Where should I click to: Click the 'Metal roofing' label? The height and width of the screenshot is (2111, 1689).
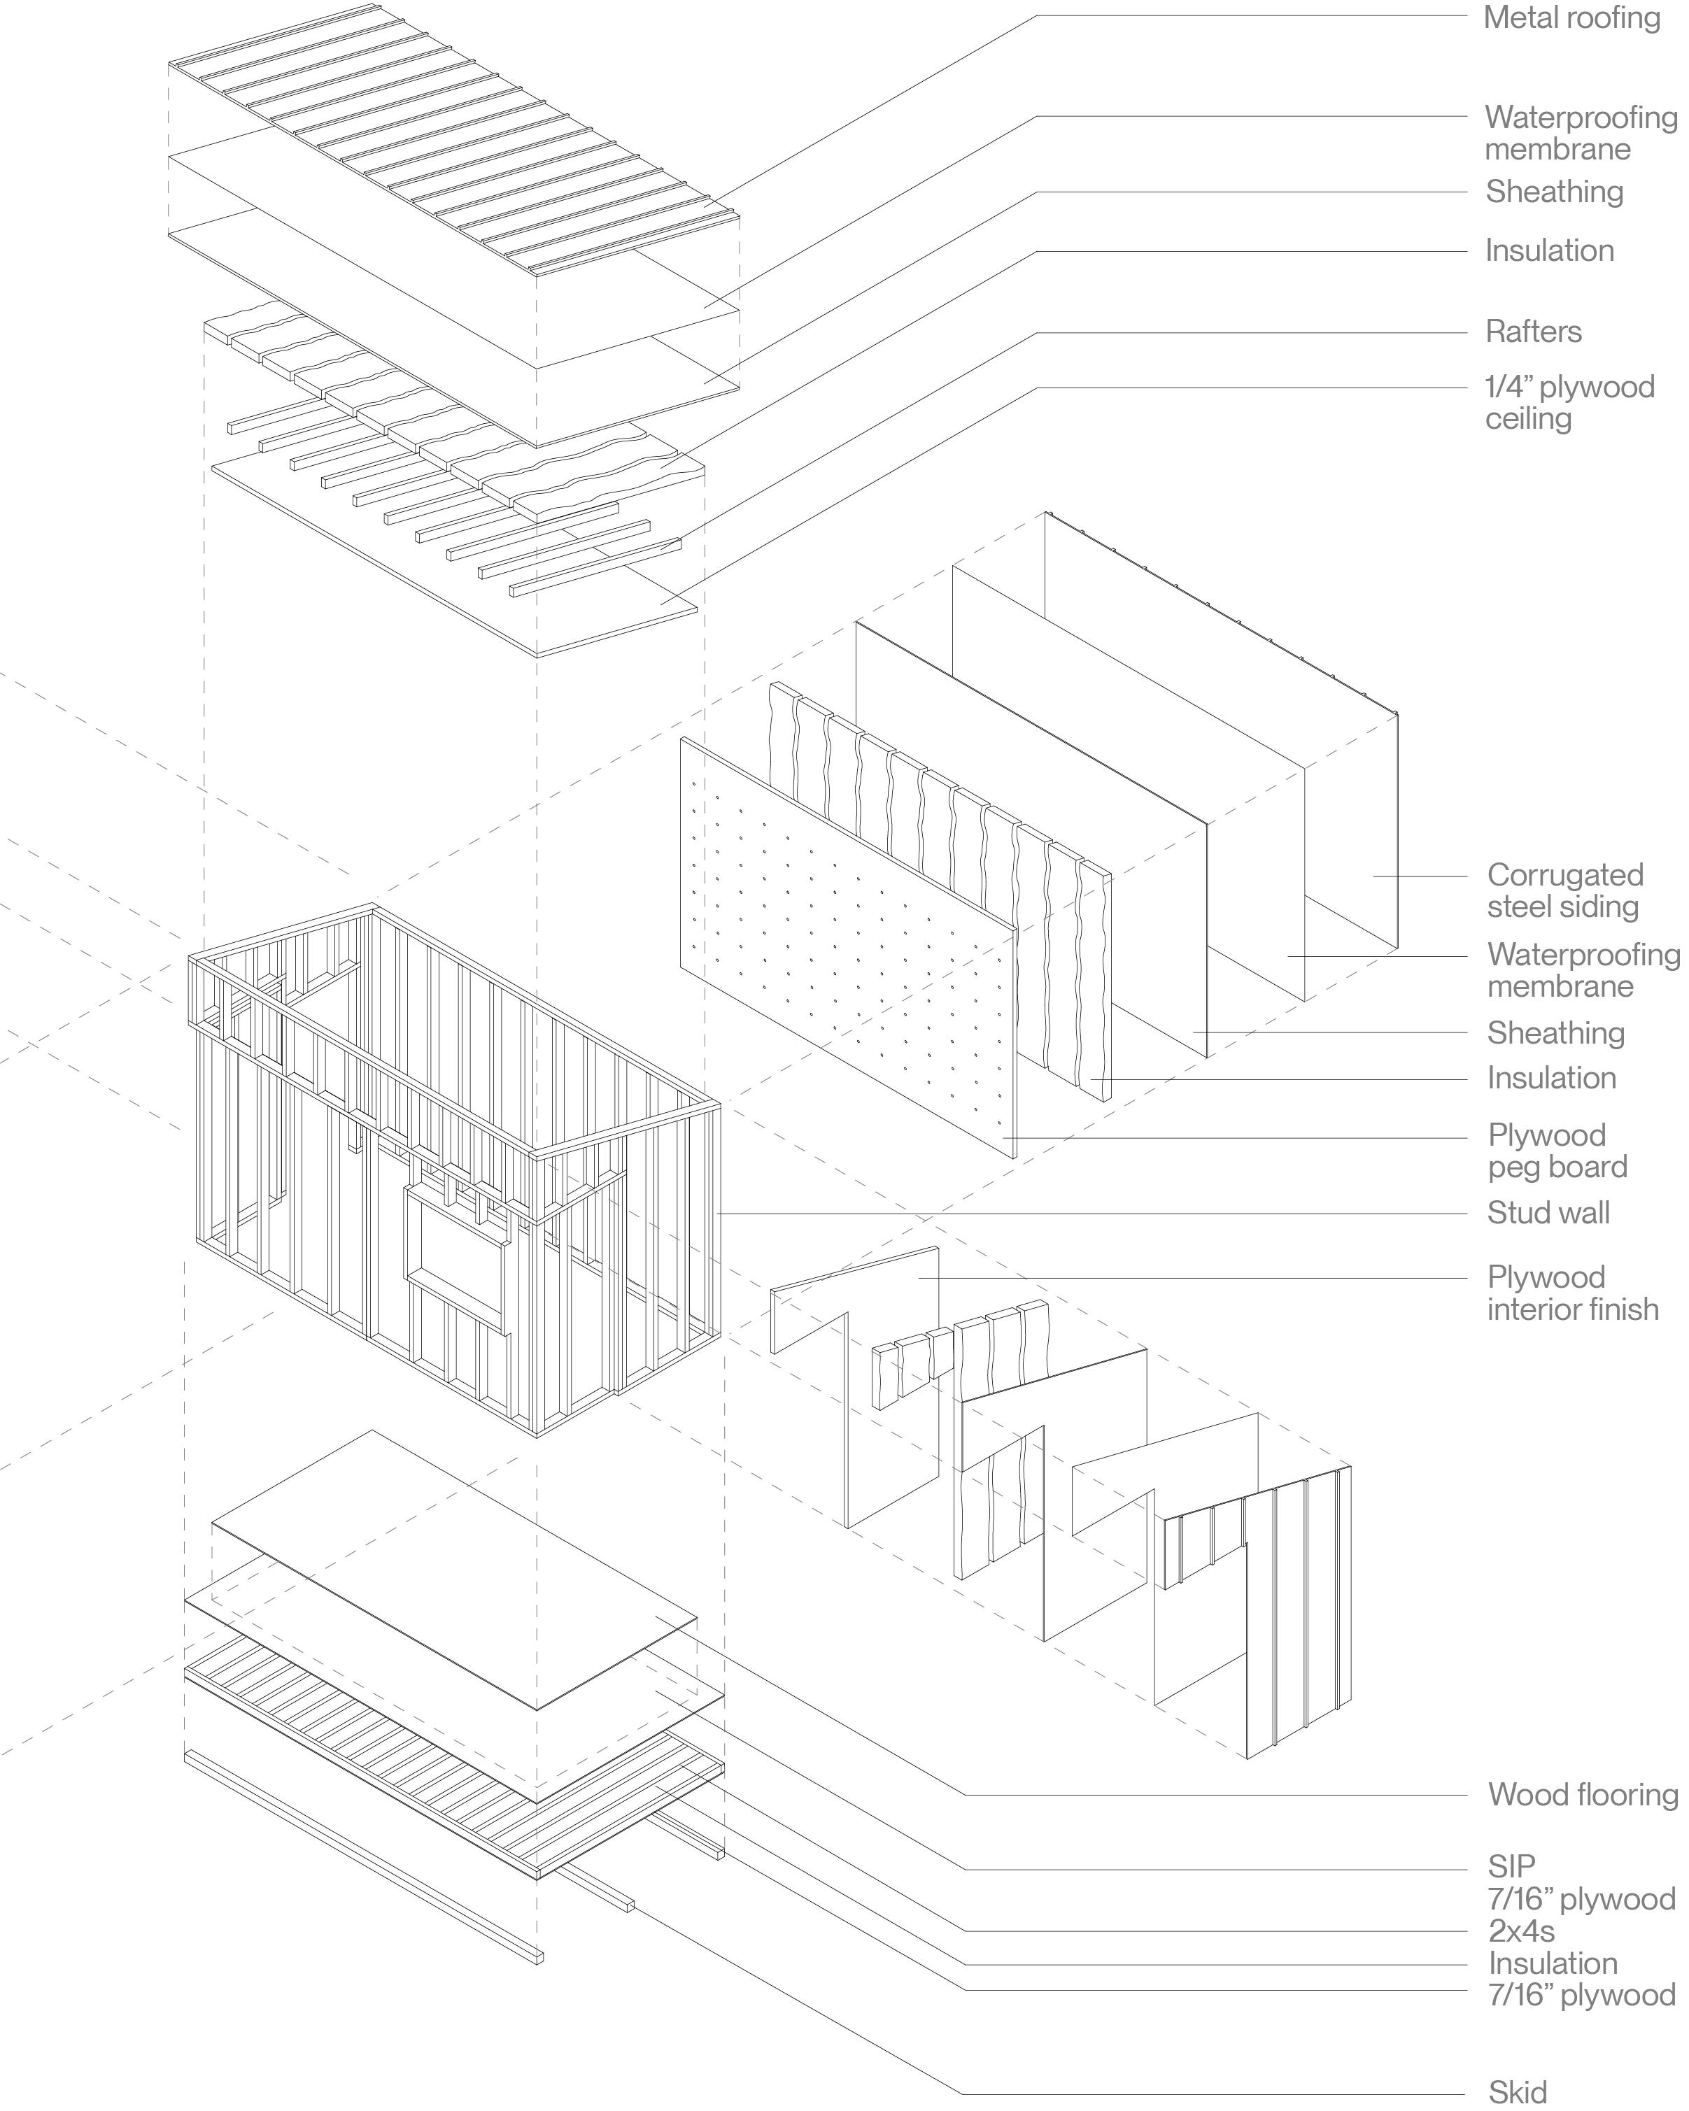tap(1571, 17)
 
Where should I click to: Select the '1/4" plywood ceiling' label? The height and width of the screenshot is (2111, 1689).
tap(1569, 402)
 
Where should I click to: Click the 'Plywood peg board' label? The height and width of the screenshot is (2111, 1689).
tap(1557, 1151)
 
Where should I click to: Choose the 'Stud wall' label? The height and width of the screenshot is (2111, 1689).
tap(1548, 1213)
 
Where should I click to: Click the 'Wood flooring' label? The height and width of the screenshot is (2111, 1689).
tap(1582, 1795)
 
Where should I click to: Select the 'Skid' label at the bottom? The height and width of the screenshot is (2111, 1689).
tap(1518, 2092)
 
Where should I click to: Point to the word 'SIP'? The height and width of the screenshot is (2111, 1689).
tap(1511, 1866)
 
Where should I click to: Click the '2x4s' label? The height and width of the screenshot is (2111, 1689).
tap(1520, 1931)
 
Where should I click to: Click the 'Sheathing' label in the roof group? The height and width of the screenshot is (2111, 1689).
tap(1554, 191)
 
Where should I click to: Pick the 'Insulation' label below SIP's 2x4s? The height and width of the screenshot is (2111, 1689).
tap(1552, 1963)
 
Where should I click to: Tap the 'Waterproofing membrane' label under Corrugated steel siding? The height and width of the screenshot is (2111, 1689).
tap(1582, 969)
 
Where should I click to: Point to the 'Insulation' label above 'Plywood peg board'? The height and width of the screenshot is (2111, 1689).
tap(1551, 1078)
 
